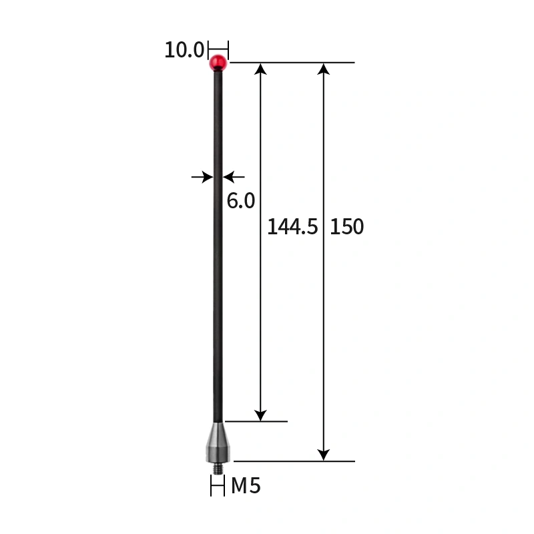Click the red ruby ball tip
click(x=218, y=63)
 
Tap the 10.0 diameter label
click(x=184, y=50)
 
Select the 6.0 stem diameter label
click(x=241, y=200)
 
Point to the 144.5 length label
click(x=292, y=227)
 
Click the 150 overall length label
click(x=347, y=227)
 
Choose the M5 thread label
click(x=246, y=486)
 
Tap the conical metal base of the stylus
click(x=218, y=442)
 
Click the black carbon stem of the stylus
click(x=218, y=267)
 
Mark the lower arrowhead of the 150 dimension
click(x=324, y=455)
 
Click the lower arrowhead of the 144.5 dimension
click(x=261, y=415)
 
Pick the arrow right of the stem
click(x=234, y=177)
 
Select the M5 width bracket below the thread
click(x=218, y=487)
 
